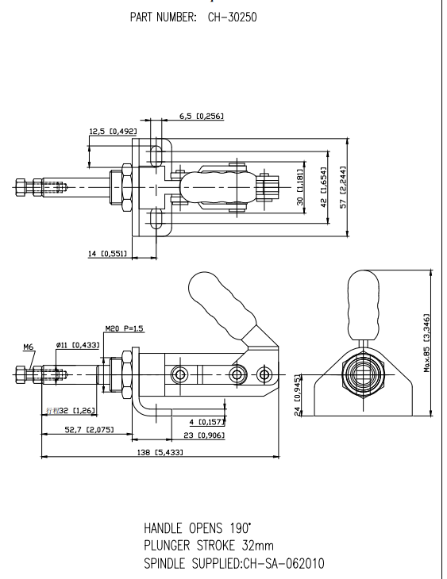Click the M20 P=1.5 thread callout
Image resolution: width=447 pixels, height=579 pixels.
pos(125,328)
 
